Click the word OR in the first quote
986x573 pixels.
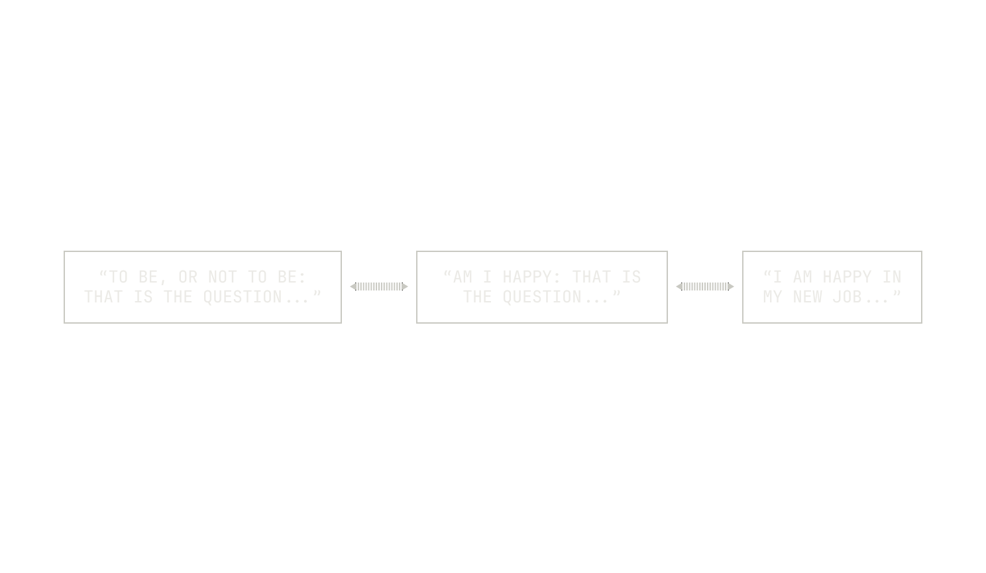188,277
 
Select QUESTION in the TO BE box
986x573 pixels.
243,297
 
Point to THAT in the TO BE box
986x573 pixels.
103,297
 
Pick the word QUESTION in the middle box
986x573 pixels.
542,297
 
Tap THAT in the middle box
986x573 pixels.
592,277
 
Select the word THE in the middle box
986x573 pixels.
478,297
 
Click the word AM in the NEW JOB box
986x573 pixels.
802,277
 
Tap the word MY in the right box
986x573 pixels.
773,297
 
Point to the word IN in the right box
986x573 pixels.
892,277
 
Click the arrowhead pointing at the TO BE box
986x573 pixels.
353,286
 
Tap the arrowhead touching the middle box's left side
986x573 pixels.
405,286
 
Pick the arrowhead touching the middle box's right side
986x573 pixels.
679,286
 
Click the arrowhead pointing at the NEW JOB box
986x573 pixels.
731,286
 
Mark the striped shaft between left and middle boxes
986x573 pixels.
379,286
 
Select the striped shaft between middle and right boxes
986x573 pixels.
705,286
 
